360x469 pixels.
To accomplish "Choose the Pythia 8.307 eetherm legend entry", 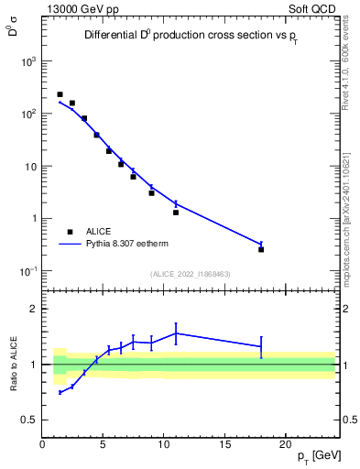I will (x=128, y=245).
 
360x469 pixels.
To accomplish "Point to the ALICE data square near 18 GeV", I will (x=261, y=249).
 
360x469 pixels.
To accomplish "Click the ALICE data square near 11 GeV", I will (x=176, y=213).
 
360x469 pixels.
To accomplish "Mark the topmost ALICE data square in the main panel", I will (x=60, y=94).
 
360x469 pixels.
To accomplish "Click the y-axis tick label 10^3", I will (x=28, y=61).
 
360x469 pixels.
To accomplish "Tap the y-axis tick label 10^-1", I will (x=27, y=271).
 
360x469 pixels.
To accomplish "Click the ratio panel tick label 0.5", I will (x=29, y=420).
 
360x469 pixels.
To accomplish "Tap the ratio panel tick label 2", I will (x=34, y=309).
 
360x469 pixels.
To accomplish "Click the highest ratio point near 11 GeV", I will (x=176, y=333).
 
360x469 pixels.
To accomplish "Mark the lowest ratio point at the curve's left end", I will (x=60, y=392).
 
